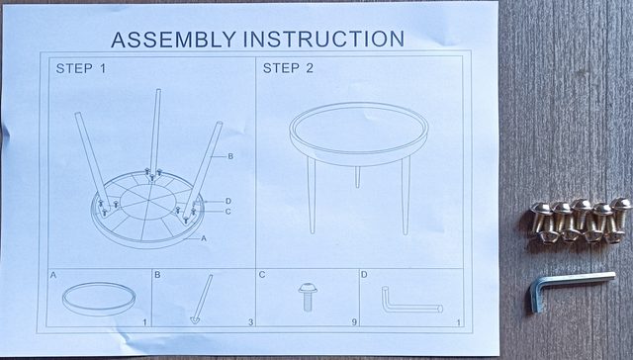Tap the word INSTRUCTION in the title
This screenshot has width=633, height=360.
322,39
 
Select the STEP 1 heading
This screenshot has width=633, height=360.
78,69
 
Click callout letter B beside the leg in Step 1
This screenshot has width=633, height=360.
229,157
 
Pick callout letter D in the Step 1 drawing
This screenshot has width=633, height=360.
227,201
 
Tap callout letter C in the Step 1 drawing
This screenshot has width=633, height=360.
227,212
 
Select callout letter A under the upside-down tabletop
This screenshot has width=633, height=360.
204,239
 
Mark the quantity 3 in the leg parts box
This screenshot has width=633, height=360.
249,322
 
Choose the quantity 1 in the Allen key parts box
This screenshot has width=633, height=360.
458,322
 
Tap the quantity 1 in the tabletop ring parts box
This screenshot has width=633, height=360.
144,322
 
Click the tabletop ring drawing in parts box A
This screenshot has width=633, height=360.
98,297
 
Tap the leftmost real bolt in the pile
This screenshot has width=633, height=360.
541,221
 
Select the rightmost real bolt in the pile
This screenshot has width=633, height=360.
620,217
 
